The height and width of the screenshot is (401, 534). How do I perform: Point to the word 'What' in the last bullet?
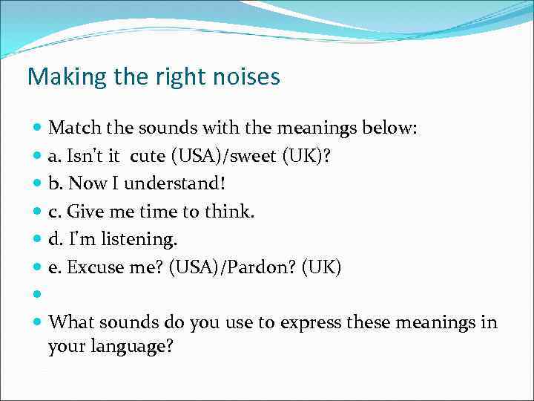point(71,323)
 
